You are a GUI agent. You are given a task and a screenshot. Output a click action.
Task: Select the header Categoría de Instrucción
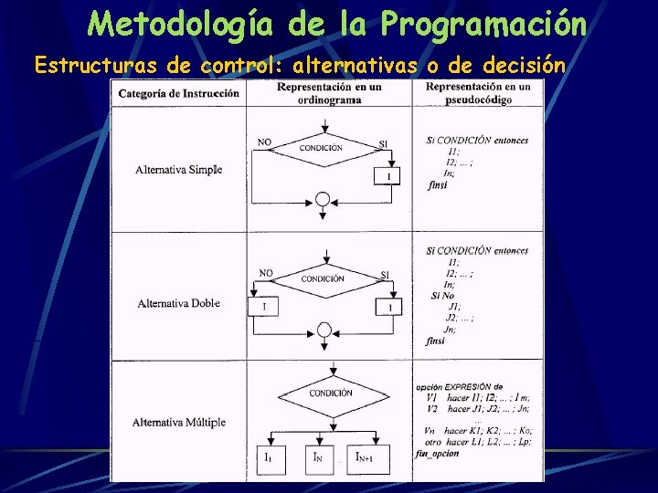tap(179, 93)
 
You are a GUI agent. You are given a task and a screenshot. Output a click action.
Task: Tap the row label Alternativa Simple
tap(178, 169)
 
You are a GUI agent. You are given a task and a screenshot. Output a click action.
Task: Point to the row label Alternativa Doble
tap(178, 303)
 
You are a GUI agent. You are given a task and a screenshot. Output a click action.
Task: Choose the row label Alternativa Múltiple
tap(178, 423)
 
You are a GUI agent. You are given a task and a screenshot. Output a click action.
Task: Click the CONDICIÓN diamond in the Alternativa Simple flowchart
tap(321, 148)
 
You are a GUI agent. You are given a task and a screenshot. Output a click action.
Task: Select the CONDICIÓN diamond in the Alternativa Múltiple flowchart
tap(330, 393)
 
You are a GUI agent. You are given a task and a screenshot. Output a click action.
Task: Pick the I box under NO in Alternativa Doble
tap(263, 307)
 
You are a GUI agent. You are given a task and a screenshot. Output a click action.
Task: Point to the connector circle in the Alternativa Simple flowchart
tap(322, 199)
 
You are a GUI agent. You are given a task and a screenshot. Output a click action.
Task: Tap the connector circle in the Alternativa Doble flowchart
tap(323, 330)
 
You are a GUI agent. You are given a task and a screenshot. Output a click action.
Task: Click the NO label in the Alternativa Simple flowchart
tap(264, 142)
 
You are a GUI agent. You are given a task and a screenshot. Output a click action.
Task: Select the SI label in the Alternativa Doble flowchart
tap(385, 274)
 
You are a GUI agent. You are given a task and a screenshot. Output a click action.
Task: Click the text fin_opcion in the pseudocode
tap(438, 454)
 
